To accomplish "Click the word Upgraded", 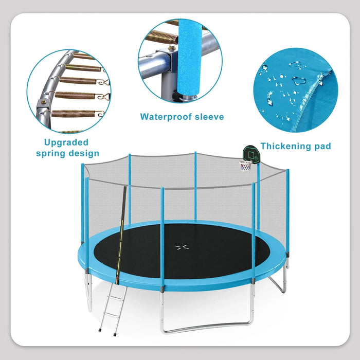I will [x=66, y=142].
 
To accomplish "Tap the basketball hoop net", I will [x=246, y=167].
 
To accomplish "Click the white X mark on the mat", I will [x=181, y=247].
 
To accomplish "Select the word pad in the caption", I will [x=322, y=147].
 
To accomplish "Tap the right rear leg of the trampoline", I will [x=280, y=280].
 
